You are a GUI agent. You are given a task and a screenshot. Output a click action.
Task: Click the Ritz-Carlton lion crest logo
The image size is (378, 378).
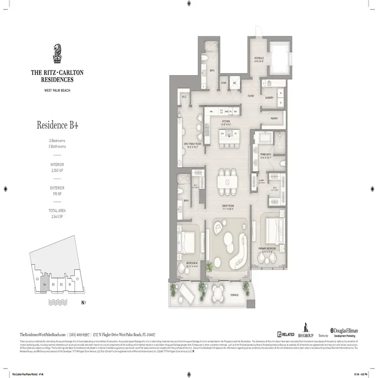coord(58,53)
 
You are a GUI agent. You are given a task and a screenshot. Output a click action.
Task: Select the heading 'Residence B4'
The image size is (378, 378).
coord(58,125)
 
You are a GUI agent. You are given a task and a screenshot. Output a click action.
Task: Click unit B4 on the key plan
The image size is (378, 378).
coord(44,285)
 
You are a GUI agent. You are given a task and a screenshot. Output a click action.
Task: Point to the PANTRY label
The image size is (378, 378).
coord(274,119)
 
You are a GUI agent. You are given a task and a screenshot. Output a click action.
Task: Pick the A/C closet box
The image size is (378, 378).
coord(234,82)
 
